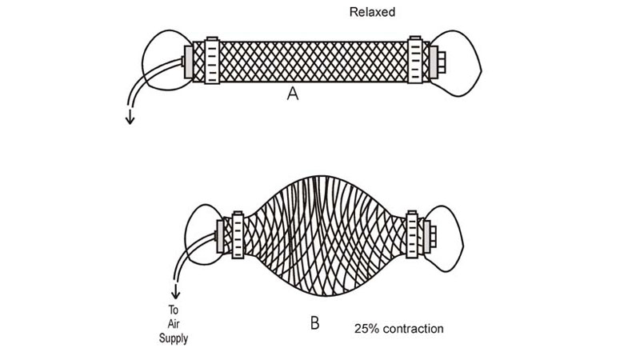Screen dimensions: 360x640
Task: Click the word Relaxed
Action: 371,13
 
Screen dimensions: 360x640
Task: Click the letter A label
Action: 293,94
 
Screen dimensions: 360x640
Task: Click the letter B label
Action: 314,324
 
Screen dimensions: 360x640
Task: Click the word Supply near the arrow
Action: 174,339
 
